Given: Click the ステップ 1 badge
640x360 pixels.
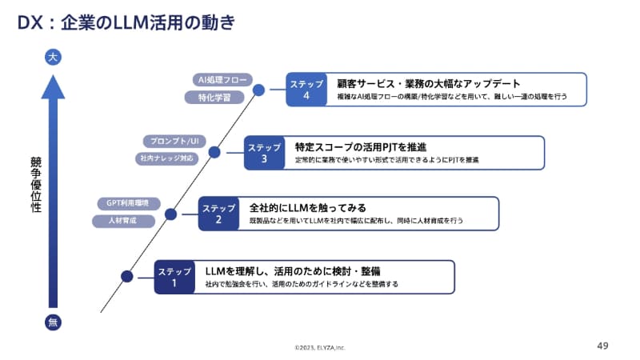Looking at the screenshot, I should point(174,277).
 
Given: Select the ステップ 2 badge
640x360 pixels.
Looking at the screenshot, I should point(218,214).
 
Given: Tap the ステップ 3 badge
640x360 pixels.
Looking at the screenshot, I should point(264,153).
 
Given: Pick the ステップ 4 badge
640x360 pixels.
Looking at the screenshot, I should point(306,90).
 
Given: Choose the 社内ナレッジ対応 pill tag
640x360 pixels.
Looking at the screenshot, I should point(165,158).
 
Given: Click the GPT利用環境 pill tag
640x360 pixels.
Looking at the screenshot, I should point(128,202).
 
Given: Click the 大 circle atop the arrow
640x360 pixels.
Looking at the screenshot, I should point(53,57).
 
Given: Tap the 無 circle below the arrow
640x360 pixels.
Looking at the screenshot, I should point(53,323).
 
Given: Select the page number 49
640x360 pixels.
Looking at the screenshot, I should point(603,346).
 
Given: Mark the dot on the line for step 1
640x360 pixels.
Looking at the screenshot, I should point(126,277).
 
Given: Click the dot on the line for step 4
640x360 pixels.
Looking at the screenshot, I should point(258,90).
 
